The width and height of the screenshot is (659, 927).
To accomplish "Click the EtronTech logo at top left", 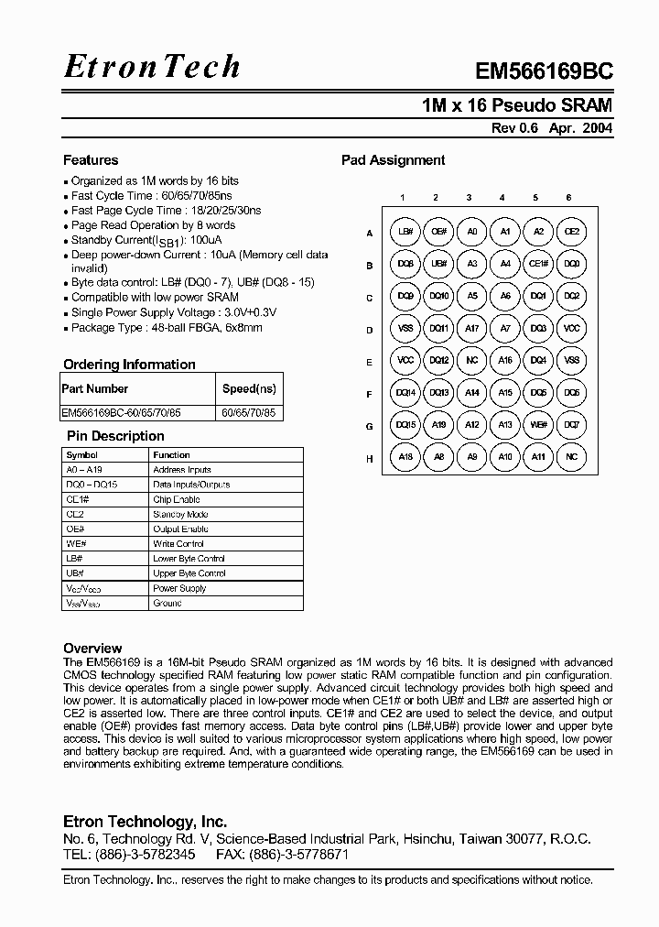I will pyautogui.click(x=152, y=66).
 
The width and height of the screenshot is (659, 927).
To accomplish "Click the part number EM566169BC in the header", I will pyautogui.click(x=544, y=72).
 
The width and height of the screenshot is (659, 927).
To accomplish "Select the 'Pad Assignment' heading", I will pyautogui.click(x=393, y=160).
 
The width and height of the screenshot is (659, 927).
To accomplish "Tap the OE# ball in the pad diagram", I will pyautogui.click(x=438, y=232).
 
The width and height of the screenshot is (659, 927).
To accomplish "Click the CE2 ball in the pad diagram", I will pyautogui.click(x=571, y=232).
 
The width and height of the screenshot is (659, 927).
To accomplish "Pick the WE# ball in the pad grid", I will pyautogui.click(x=538, y=424).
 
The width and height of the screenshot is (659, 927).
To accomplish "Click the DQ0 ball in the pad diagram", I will pyautogui.click(x=571, y=264).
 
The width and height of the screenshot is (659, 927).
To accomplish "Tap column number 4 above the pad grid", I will pyautogui.click(x=502, y=198).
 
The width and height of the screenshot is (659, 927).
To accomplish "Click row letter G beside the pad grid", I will pyautogui.click(x=370, y=427).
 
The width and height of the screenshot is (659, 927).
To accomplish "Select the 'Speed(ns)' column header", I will pyautogui.click(x=249, y=388).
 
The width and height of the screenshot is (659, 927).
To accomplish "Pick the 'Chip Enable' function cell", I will pyautogui.click(x=176, y=500).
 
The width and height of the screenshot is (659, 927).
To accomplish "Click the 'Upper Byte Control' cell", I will pyautogui.click(x=189, y=573).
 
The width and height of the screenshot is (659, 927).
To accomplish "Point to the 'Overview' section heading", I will pyautogui.click(x=92, y=648).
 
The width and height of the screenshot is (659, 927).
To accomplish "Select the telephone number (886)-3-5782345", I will pyautogui.click(x=145, y=854).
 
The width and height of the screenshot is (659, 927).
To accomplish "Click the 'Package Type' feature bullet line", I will pyautogui.click(x=167, y=327).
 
